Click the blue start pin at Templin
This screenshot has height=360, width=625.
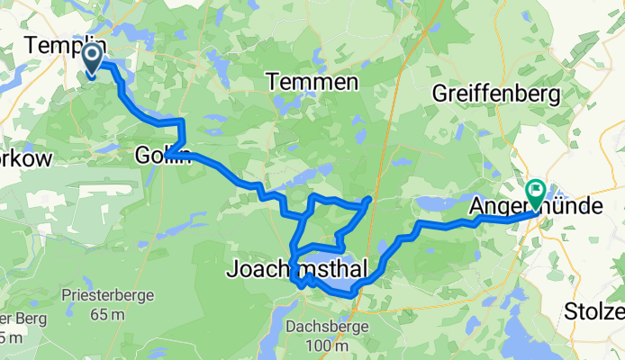(x=93, y=59)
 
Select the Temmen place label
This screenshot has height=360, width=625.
(x=312, y=83)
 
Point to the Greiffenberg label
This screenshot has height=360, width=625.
(x=496, y=93)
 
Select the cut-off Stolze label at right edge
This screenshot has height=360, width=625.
(x=595, y=312)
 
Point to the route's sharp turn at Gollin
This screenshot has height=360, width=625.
(x=168, y=157)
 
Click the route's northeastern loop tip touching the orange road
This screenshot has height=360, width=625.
(x=369, y=198)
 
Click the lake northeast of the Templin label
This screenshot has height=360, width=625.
(x=135, y=34)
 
